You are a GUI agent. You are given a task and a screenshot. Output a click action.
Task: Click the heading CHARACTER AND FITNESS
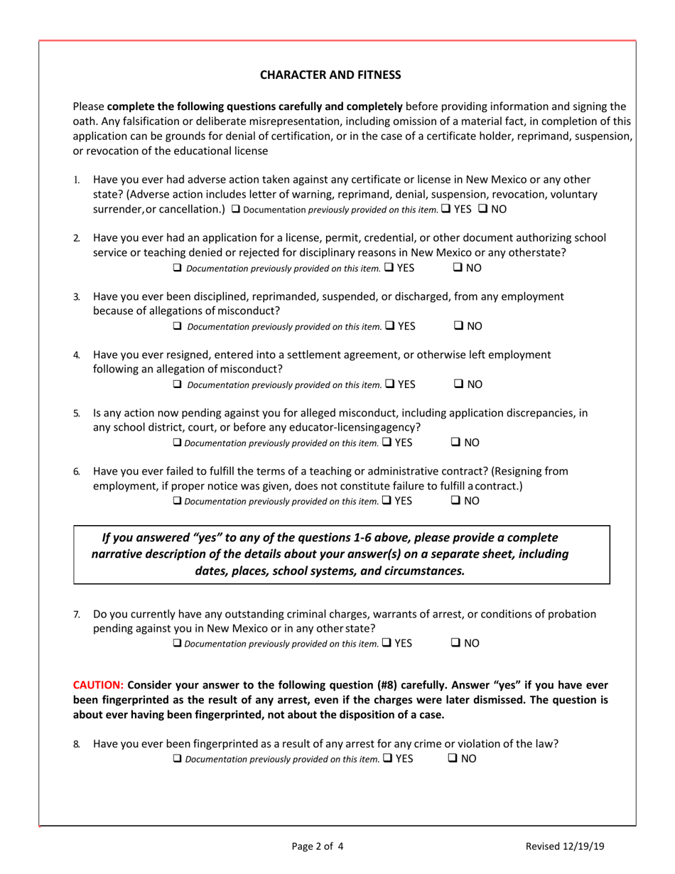point(330,74)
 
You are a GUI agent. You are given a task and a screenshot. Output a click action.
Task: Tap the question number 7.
point(77,614)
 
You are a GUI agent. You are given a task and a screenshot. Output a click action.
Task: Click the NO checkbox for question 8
point(453,759)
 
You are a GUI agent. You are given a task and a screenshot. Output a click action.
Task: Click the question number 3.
point(77,296)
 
